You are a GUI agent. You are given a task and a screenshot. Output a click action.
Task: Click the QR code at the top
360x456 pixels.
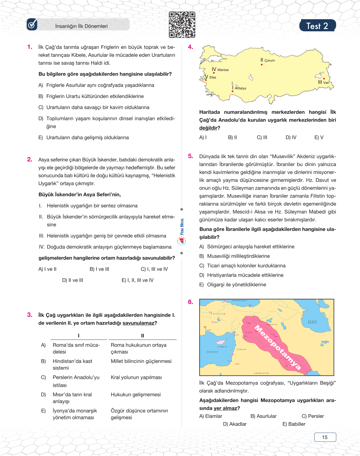point(182,25)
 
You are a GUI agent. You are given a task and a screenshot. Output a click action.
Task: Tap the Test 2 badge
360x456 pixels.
point(317,26)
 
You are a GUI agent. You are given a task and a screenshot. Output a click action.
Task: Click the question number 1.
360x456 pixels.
point(30,47)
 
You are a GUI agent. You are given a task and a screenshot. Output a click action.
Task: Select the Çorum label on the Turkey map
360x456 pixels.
point(269,60)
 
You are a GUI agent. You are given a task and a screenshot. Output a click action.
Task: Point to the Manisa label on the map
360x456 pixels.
point(223,70)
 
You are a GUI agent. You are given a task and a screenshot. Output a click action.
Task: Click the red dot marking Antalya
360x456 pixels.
point(232,91)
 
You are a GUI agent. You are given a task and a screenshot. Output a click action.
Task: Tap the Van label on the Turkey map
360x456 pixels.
point(326,83)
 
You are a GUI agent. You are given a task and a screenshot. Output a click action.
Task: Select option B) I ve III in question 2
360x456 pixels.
point(99,269)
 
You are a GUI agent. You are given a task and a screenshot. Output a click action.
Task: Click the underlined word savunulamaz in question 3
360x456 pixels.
point(138,323)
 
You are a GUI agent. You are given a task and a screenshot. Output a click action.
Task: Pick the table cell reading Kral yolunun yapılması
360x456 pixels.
point(136,378)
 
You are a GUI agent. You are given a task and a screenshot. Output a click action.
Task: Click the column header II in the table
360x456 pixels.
point(143,336)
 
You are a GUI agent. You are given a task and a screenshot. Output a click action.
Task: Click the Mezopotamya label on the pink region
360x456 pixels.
point(277,347)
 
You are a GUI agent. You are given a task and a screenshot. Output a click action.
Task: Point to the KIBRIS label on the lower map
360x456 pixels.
point(222,347)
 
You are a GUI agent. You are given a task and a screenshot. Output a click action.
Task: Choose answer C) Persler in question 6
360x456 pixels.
point(313,416)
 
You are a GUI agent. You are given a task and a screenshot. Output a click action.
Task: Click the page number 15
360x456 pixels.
point(325,437)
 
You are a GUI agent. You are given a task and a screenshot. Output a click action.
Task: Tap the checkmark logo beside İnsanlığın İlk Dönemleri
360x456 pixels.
point(32,25)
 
